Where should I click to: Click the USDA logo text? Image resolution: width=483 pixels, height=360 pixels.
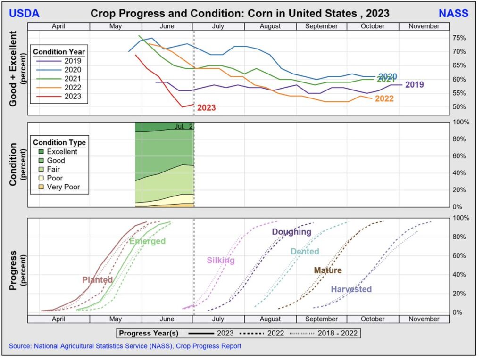(24, 13)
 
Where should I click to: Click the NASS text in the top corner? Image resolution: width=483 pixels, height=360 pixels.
(454, 13)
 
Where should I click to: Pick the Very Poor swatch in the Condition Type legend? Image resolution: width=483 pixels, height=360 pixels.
(41, 187)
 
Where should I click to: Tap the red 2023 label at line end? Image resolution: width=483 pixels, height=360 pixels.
(206, 107)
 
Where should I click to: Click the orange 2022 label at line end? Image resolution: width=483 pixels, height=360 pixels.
(384, 99)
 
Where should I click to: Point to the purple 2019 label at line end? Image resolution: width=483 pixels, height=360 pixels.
(414, 85)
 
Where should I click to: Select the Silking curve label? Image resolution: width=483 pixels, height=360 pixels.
(220, 260)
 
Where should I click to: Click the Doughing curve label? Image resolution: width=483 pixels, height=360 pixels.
(291, 232)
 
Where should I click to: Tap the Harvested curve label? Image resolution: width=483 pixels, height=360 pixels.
(351, 289)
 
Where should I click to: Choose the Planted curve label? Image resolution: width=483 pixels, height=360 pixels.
(97, 279)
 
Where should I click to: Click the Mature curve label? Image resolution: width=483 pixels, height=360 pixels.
(327, 270)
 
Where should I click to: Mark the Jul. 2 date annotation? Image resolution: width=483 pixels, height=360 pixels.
(183, 126)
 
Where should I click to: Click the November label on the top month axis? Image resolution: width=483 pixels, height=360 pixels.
(424, 26)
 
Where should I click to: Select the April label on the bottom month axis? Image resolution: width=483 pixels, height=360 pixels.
(58, 319)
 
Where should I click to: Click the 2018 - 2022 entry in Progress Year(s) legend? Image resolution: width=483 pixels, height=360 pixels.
(338, 334)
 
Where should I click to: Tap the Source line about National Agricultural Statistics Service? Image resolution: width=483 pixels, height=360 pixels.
(125, 346)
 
